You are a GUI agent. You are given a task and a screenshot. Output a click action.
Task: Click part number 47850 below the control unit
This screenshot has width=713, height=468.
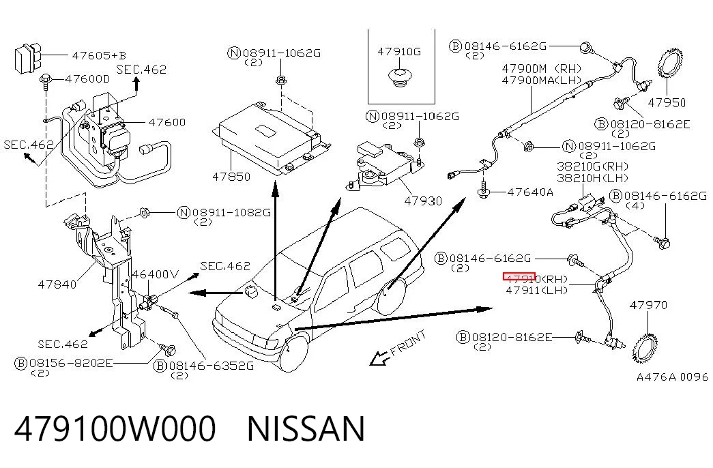(x=231, y=177)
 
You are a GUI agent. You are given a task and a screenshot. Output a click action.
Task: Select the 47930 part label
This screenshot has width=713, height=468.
(x=423, y=201)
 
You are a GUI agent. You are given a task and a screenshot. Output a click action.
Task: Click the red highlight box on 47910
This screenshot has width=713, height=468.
(x=519, y=276)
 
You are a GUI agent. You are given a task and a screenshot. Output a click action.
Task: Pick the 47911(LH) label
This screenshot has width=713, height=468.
(x=536, y=290)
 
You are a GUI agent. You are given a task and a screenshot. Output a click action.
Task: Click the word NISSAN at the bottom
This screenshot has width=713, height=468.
(x=306, y=428)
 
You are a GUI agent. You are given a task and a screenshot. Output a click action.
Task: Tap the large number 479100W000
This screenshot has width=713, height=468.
(x=115, y=428)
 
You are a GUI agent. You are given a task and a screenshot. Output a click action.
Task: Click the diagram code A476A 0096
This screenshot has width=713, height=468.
(x=672, y=377)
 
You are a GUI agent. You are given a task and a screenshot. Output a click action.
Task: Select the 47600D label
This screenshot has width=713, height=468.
(x=87, y=78)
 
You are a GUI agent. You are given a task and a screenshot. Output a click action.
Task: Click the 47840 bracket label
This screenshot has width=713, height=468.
(x=57, y=284)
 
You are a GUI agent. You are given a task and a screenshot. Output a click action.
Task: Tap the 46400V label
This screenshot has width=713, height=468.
(x=155, y=274)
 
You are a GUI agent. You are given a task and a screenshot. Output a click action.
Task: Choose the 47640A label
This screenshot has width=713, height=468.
(x=530, y=192)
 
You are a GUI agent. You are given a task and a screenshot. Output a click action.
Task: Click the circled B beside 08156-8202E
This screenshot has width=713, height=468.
(x=21, y=364)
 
